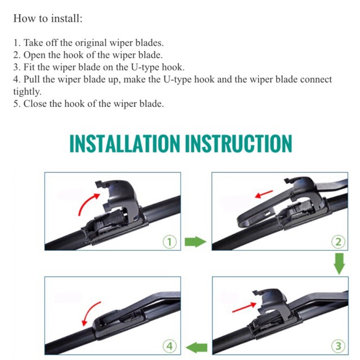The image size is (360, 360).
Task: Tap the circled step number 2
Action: pos(336,242)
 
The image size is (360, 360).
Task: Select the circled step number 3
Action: pos(336,345)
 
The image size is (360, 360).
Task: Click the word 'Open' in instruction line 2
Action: pos(33,55)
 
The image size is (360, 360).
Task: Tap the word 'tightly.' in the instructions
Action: pos(27,92)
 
